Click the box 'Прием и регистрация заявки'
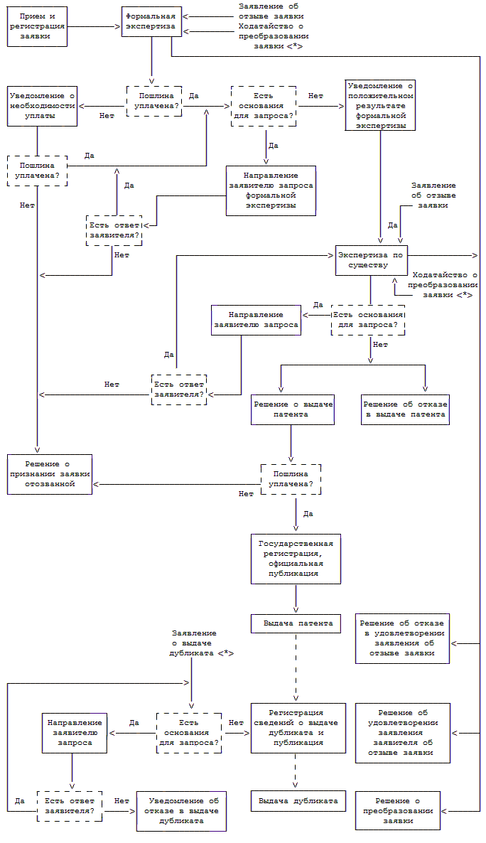(37, 26)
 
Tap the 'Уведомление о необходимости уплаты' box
(42, 106)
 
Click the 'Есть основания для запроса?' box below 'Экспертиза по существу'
(368, 320)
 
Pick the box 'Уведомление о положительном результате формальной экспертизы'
(379, 105)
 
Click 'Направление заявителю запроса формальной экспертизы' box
(270, 190)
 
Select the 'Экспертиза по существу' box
(372, 260)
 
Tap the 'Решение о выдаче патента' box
(292, 409)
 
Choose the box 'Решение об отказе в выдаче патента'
(405, 409)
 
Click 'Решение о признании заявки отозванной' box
(50, 474)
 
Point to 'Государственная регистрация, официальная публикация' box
(296, 559)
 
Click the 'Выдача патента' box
(296, 623)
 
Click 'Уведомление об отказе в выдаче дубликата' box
(181, 810)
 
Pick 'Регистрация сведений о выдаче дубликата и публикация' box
(298, 728)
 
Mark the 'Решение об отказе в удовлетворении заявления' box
(402, 638)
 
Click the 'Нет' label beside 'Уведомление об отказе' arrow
(121, 800)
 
